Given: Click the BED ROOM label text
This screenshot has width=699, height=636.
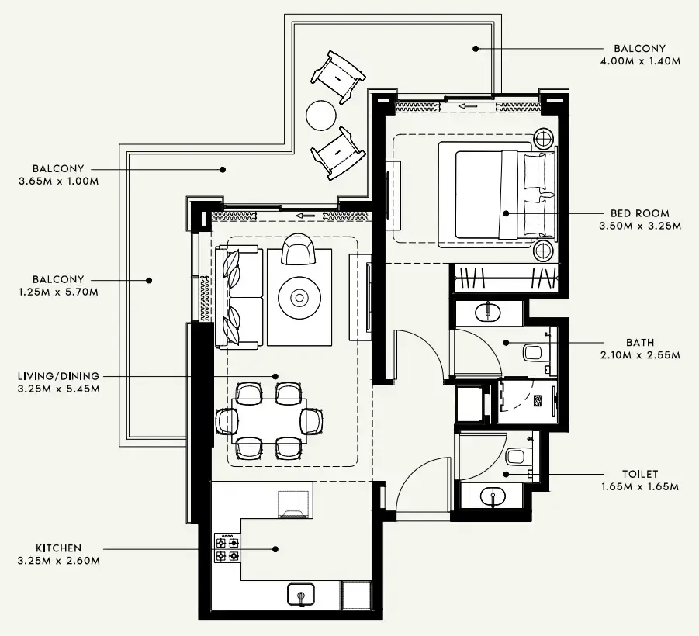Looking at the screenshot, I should click(x=639, y=213).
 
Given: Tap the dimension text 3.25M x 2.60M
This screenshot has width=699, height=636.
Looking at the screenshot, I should click(x=58, y=561).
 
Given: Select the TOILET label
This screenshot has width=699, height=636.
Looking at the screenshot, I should click(x=639, y=474).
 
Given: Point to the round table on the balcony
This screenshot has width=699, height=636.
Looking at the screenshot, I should click(x=321, y=116).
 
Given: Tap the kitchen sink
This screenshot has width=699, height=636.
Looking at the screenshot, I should click(x=300, y=595).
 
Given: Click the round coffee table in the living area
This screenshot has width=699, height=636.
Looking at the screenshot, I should click(x=299, y=297).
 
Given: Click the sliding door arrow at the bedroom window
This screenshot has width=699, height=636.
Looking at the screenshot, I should click(x=467, y=106).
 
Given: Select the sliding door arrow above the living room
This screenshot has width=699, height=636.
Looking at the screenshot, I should click(x=306, y=216).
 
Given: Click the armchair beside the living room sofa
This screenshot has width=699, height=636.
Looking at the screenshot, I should click(x=299, y=251).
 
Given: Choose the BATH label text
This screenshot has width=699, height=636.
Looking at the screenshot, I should click(x=639, y=342).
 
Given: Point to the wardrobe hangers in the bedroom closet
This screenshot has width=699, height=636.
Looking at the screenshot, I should click(x=504, y=276).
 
